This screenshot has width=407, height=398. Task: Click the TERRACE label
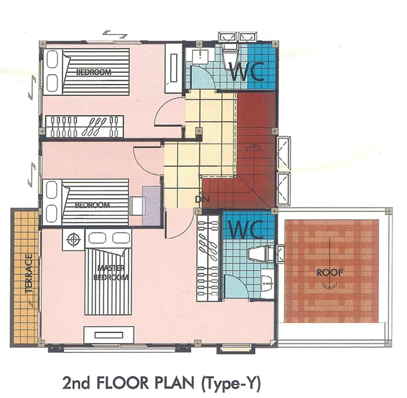coord(29,273)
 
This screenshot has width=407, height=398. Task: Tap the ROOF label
coord(330,272)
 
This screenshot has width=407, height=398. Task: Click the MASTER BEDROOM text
coord(111,273)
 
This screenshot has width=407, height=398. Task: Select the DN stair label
coord(202,199)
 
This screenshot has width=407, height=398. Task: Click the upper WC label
coord(247,72)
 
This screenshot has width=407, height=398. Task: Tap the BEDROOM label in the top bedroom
coord(94,72)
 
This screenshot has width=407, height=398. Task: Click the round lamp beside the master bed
coord(73,239)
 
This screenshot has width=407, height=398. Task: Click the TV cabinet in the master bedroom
coord(109,335)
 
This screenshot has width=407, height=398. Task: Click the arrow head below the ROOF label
coord(330,287)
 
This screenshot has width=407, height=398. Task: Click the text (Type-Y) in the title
coord(231,383)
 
